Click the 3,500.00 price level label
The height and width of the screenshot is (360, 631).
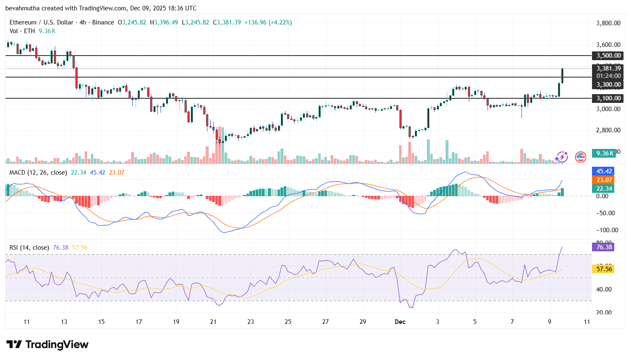(608, 56)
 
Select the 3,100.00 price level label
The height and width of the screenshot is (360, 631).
(608, 98)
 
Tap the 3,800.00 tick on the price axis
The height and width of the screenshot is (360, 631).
(608, 23)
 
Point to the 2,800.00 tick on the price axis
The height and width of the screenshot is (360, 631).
(608, 130)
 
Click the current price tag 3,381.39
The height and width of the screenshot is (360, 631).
(608, 68)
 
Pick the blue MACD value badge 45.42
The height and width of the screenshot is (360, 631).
(604, 171)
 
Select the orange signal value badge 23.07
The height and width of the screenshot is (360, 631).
(604, 180)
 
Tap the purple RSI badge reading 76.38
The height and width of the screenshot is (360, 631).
(604, 247)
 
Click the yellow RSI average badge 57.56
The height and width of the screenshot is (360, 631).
(604, 269)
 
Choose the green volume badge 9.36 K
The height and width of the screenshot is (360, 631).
(604, 153)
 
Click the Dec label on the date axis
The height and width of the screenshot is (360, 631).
(400, 322)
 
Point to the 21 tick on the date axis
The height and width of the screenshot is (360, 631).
(213, 322)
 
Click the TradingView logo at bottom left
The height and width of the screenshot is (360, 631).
(47, 345)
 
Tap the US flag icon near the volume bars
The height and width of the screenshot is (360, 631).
(580, 157)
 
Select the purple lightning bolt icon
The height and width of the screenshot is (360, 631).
(562, 157)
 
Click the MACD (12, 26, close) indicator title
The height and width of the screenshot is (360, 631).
(38, 173)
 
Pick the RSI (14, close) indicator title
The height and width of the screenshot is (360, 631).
(29, 248)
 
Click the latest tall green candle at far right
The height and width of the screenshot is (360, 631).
(562, 75)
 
